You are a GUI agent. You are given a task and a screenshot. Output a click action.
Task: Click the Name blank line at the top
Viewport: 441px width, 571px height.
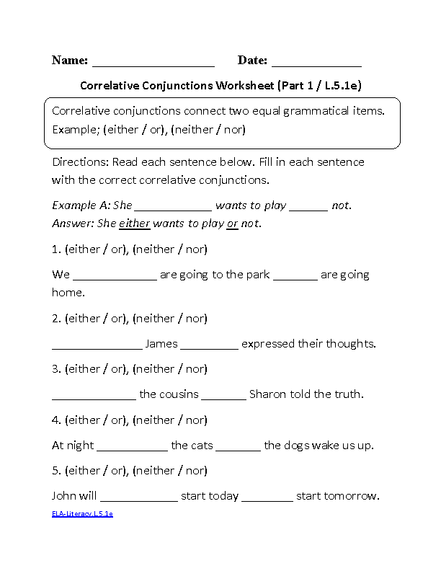pyautogui.click(x=153, y=63)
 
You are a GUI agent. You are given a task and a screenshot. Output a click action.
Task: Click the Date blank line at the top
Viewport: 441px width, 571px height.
pyautogui.click(x=316, y=63)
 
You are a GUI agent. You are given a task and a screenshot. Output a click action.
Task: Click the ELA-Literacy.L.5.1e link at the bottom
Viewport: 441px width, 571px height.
pyautogui.click(x=82, y=514)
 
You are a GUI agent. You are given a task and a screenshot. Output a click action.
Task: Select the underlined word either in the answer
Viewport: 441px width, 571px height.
pyautogui.click(x=134, y=223)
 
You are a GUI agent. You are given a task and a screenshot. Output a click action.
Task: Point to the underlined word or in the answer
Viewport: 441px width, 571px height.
pyautogui.click(x=232, y=223)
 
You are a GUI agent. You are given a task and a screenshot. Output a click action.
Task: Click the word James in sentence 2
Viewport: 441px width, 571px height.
pyautogui.click(x=161, y=344)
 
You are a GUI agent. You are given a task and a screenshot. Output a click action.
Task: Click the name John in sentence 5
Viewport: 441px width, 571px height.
pyautogui.click(x=64, y=496)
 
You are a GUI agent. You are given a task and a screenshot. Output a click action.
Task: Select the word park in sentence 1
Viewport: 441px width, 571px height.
pyautogui.click(x=257, y=275)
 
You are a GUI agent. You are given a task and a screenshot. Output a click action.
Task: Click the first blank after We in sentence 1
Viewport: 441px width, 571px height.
pyautogui.click(x=115, y=277)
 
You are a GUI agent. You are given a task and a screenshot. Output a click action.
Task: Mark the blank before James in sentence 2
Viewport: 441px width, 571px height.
pyautogui.click(x=97, y=346)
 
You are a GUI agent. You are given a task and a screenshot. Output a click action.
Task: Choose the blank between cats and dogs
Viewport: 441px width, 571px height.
pyautogui.click(x=239, y=448)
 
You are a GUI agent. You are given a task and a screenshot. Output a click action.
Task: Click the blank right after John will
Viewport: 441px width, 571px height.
pyautogui.click(x=139, y=498)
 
